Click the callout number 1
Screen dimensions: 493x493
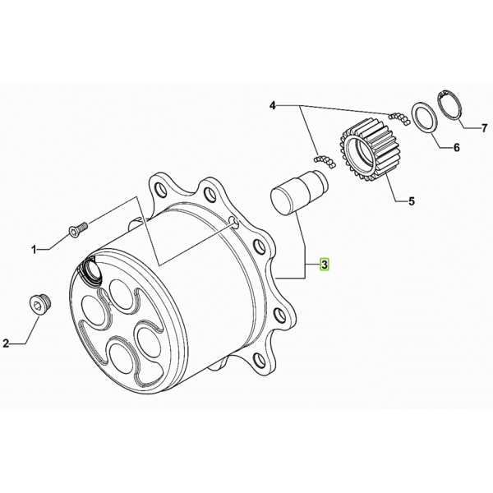34,250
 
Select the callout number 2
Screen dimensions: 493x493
6,343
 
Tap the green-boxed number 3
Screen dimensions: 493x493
325,265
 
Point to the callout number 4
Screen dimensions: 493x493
272,106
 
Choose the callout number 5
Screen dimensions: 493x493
412,201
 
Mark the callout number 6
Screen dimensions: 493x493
457,147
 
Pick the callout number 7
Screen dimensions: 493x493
485,128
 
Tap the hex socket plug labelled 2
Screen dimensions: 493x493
40,304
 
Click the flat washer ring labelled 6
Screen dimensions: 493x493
424,119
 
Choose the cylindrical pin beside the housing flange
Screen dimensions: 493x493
299,192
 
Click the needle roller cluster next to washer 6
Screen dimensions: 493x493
399,117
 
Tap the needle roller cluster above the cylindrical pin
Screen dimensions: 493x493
325,161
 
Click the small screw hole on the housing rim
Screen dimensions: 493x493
233,222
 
